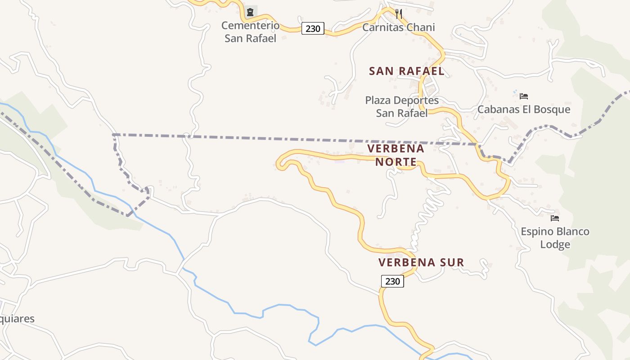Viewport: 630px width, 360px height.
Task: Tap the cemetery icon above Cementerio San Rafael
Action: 250,12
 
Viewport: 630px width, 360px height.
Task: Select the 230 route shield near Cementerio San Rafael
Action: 313,28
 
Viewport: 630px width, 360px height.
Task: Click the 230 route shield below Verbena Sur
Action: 392,281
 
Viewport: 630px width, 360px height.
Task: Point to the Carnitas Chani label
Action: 399,27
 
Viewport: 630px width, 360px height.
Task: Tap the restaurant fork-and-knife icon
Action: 398,13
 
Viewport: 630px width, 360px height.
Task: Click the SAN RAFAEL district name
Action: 407,71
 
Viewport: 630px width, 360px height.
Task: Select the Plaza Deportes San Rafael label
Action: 402,107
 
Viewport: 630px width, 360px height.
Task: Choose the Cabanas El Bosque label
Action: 524,109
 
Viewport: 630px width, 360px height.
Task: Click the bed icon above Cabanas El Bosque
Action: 523,96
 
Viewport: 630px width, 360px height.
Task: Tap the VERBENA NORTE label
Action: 396,155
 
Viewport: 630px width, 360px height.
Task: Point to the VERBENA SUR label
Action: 421,262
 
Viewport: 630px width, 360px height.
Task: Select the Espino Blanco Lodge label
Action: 555,238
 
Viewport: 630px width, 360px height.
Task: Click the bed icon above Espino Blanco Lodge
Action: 555,218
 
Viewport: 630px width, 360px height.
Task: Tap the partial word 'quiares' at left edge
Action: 17,319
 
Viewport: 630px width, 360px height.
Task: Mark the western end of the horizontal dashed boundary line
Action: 113,135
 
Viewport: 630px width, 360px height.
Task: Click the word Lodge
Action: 555,245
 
